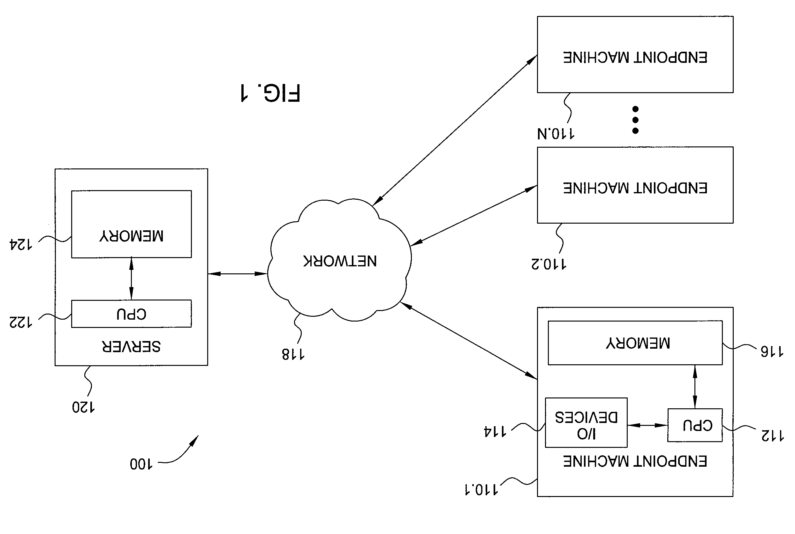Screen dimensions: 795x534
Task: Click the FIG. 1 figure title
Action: (270, 93)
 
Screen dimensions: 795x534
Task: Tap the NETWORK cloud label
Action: (340, 261)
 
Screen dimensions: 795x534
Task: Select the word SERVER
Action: (131, 346)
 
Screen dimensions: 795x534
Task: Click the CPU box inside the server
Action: (131, 314)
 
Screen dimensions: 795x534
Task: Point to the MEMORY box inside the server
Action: (131, 224)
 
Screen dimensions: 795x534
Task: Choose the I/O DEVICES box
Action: (586, 423)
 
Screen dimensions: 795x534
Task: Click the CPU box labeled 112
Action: (695, 425)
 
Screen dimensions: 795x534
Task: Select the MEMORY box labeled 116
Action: (635, 343)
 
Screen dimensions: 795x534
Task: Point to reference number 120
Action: (83, 407)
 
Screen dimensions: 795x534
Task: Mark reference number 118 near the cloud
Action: (293, 354)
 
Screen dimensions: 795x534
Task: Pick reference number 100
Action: (141, 464)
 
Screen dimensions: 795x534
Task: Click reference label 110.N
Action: (556, 133)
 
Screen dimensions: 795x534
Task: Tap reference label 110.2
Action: (549, 264)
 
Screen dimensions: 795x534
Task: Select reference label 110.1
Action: (481, 489)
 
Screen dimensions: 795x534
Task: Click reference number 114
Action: (495, 432)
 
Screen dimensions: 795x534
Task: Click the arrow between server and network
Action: (238, 273)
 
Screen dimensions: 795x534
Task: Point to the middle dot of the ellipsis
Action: (635, 120)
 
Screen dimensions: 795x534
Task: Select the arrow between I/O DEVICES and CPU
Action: (647, 425)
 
